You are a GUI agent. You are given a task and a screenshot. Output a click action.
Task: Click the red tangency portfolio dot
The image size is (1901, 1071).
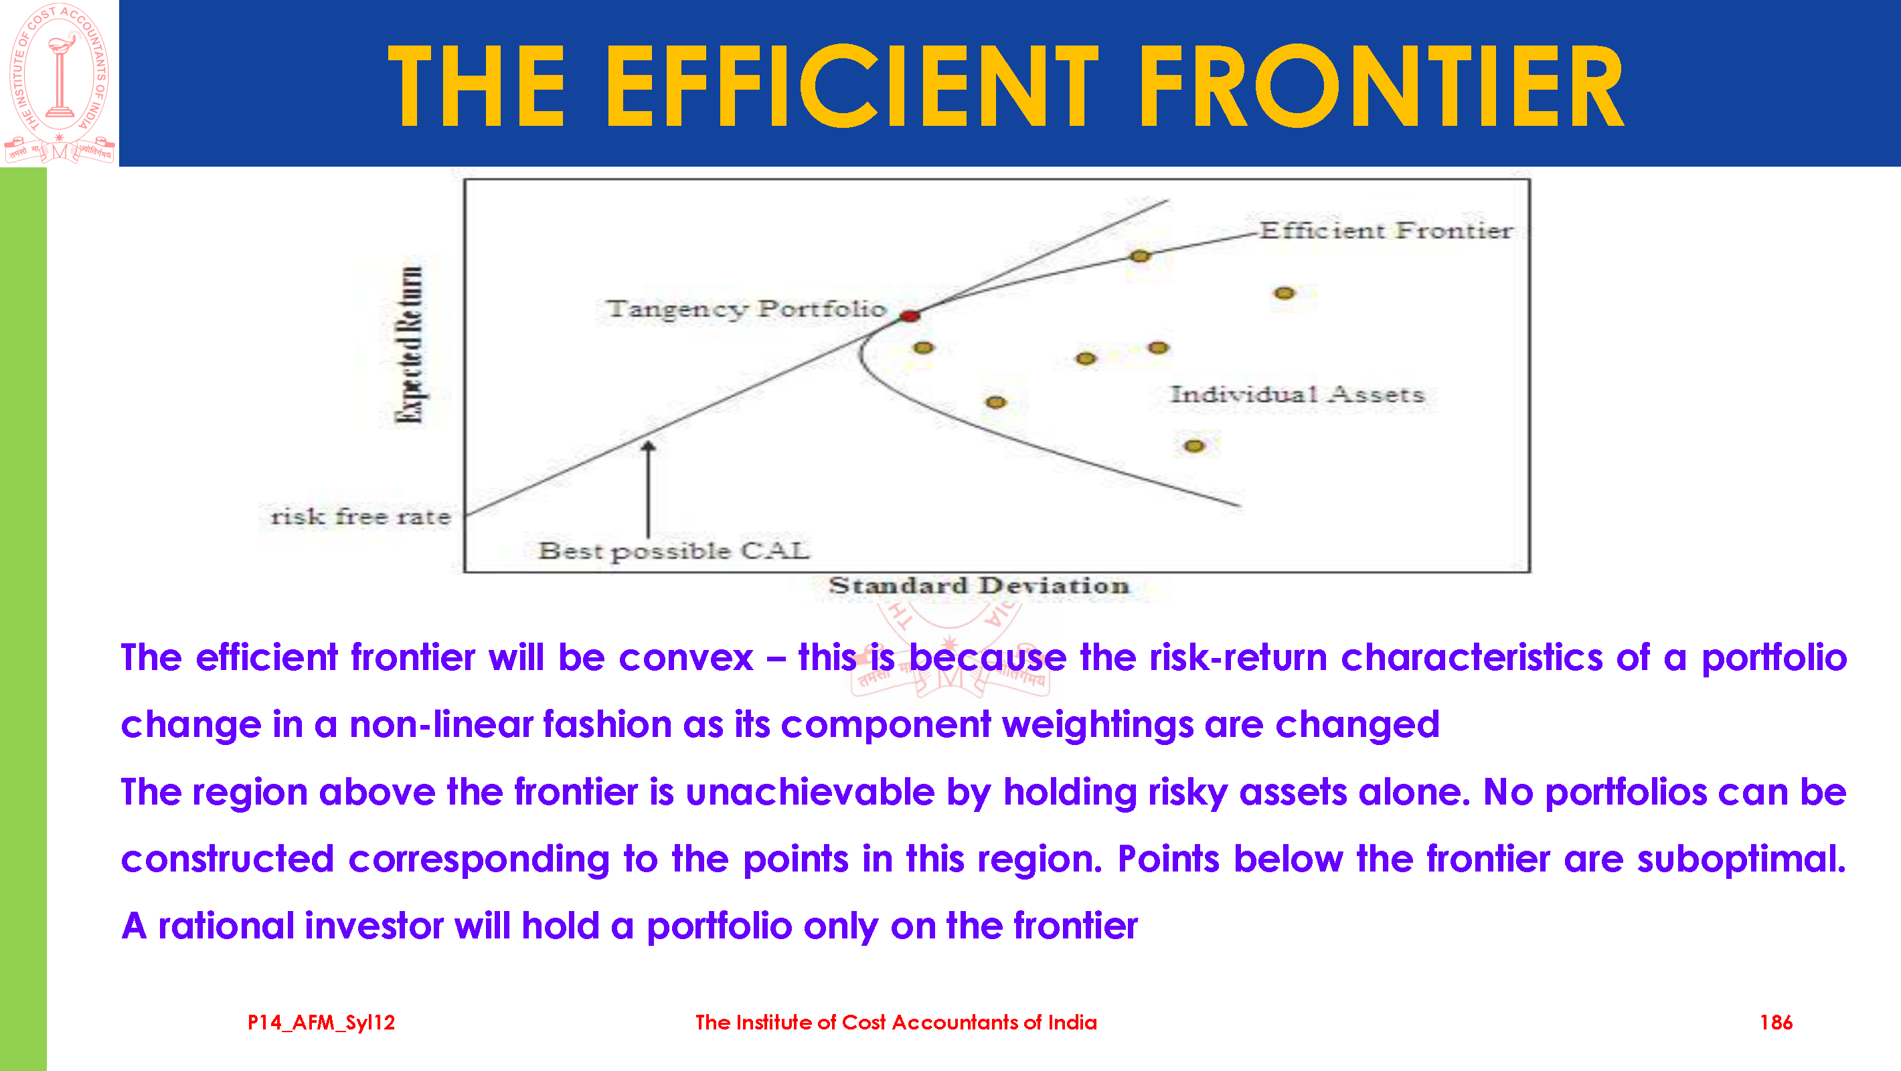909,315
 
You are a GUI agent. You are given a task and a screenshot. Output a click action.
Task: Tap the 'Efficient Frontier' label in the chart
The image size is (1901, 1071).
1386,230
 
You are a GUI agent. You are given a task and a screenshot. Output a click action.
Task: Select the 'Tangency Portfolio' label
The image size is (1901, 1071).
746,309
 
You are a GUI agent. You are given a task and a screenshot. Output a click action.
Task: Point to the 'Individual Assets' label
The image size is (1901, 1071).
1297,394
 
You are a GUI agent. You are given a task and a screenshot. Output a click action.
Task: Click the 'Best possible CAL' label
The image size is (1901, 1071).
674,551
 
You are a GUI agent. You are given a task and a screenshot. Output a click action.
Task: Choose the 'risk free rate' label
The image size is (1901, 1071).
360,516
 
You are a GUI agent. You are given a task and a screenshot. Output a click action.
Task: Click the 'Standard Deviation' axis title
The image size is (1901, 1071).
979,585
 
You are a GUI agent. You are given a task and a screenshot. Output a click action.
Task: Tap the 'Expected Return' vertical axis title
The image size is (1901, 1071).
410,345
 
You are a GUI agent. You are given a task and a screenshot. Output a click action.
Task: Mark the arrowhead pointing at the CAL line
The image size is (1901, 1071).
648,446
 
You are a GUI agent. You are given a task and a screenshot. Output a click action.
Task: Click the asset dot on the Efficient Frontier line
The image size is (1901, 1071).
1140,256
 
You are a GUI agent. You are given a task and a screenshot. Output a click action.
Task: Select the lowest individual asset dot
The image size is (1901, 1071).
1194,446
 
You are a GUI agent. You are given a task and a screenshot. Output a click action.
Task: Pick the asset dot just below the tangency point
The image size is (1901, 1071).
923,347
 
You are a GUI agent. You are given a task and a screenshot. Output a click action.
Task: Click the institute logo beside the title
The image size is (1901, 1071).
60,83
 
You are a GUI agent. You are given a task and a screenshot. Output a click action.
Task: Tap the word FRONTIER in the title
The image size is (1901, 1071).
1380,86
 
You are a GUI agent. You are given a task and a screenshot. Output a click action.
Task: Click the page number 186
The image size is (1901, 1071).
1776,1022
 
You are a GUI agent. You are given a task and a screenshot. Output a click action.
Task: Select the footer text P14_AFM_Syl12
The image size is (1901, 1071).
321,1022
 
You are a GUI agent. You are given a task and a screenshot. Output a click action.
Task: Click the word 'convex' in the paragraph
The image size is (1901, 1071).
686,657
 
